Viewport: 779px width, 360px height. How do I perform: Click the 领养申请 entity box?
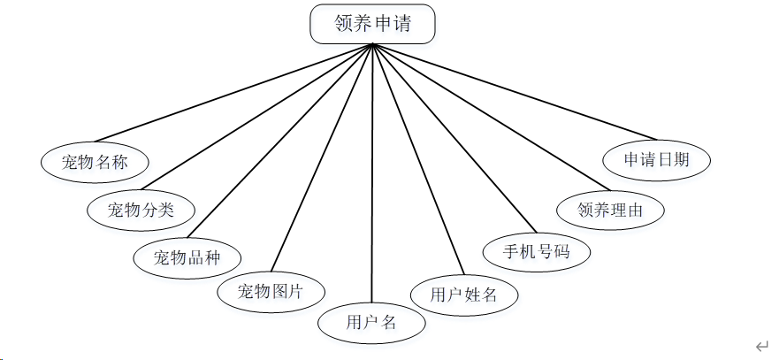click(372, 24)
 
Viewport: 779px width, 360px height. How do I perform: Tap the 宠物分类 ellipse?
click(141, 210)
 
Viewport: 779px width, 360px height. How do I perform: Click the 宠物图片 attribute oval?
click(271, 291)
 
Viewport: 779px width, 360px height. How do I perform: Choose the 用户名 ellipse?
click(371, 323)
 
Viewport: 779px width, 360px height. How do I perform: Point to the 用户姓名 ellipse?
click(463, 295)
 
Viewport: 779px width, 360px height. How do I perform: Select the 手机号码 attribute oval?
click(536, 251)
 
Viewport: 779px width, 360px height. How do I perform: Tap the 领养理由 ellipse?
click(610, 211)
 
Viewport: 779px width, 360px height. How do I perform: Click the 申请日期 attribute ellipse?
click(656, 160)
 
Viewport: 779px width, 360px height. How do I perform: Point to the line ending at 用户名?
click(372, 177)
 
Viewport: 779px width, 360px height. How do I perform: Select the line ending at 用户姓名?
click(417, 159)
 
